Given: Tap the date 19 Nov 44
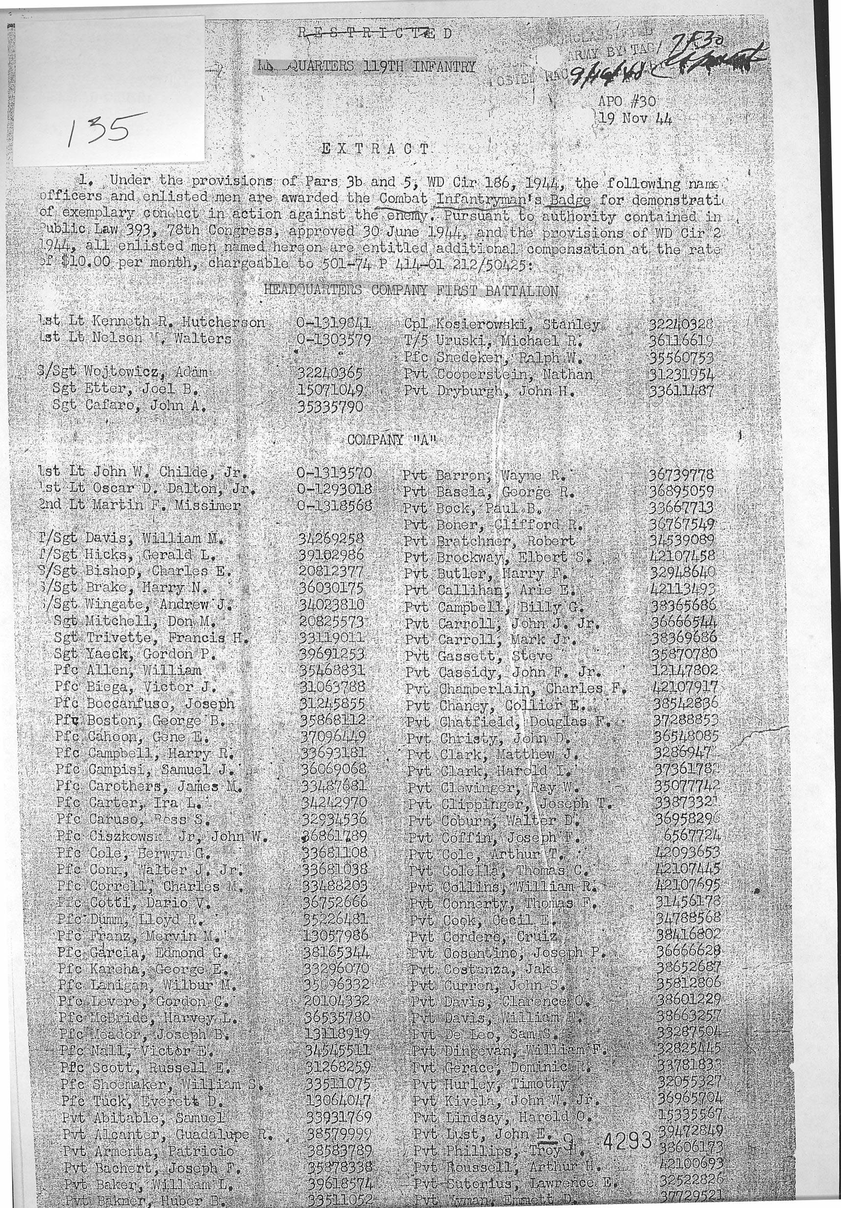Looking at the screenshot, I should point(635,118).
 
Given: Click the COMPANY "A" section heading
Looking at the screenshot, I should point(393,440).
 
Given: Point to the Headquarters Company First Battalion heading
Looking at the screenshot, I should point(410,290).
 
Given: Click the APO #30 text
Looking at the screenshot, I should point(627,101).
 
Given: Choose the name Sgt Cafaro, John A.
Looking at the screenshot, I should point(129,405).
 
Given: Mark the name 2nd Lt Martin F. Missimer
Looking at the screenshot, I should point(139,505).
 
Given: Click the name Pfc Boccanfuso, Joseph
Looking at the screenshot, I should point(144,704).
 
